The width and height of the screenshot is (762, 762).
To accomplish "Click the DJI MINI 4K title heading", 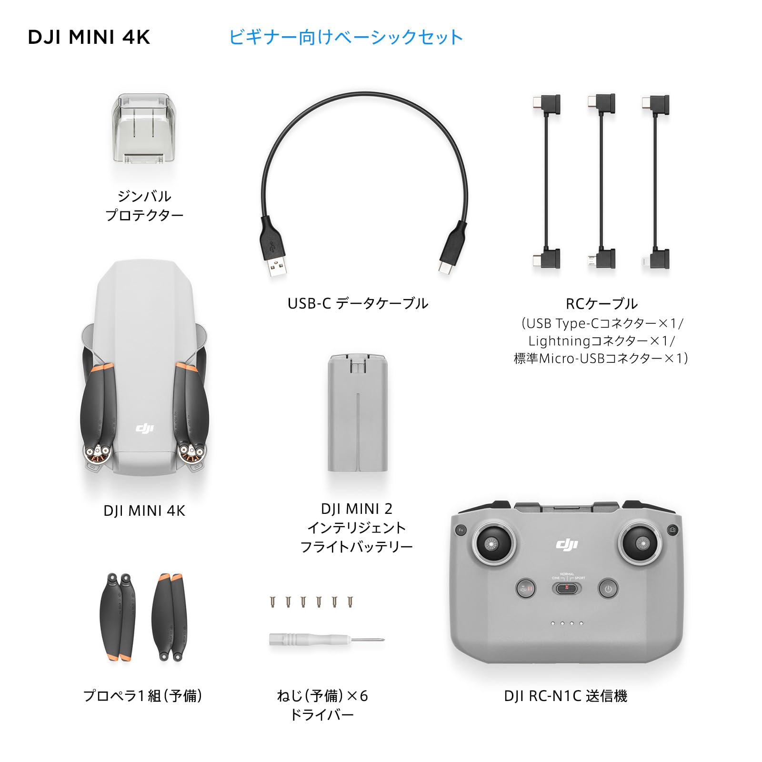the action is click(89, 37).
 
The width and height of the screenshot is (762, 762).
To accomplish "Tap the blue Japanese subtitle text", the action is click(346, 37).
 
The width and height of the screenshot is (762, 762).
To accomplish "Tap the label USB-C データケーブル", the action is click(358, 303).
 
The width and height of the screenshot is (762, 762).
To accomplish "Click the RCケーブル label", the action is click(601, 303).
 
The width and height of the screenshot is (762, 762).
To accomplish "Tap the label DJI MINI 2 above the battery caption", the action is click(356, 509).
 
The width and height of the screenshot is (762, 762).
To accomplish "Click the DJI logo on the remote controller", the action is click(567, 544).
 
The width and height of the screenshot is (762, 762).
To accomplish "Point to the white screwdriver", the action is click(326, 640).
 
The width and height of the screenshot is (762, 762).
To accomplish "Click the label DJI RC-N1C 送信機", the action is click(566, 696).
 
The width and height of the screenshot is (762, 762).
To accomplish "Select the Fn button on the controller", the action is click(461, 530).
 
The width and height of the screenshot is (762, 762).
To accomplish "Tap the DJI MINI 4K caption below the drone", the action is click(144, 511).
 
